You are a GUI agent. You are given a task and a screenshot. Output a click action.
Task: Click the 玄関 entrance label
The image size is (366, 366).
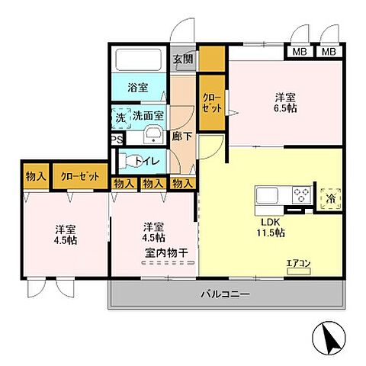[181, 59]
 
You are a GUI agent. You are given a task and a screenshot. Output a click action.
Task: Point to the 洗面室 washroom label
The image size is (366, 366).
[148, 117]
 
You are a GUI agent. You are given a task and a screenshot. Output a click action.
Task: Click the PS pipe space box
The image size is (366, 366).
[116, 140]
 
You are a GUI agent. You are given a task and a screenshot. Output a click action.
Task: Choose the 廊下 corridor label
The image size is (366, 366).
[181, 136]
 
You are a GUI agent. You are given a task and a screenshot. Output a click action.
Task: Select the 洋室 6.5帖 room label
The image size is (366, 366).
[285, 103]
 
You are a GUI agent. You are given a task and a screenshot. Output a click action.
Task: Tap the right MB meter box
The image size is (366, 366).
[328, 53]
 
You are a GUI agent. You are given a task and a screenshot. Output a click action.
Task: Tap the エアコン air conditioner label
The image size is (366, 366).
[299, 265]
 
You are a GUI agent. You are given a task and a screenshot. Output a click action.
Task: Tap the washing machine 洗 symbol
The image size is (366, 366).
[120, 117]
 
